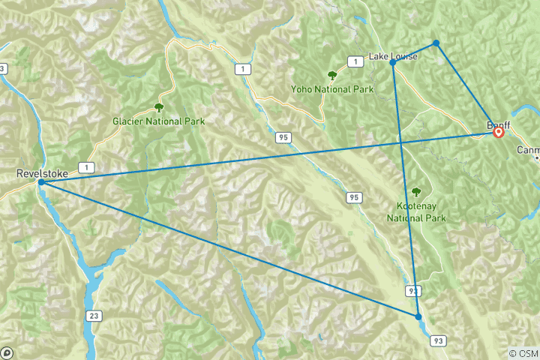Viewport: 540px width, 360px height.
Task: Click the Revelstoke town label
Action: coord(42,173)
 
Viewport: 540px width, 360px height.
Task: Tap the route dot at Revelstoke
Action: coord(41,182)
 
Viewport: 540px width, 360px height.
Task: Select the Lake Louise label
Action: coord(393,56)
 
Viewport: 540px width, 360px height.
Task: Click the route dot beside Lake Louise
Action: coord(393,62)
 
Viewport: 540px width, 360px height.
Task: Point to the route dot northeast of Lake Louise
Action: coord(436,43)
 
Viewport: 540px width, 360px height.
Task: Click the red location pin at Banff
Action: coord(498,132)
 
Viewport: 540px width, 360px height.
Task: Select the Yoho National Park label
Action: coord(332,89)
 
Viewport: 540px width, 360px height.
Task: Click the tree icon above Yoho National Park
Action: coord(331,75)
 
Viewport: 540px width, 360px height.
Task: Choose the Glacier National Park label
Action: coord(158,121)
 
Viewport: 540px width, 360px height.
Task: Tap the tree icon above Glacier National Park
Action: coord(158,107)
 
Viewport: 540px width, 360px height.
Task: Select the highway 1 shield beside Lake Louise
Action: coord(351,61)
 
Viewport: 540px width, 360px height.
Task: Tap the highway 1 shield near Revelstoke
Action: coord(89,166)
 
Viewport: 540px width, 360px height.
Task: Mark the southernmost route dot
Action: coord(418,316)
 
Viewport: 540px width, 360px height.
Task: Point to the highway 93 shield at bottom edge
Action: coord(436,341)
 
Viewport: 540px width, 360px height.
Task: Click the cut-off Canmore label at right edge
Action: coord(528,150)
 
